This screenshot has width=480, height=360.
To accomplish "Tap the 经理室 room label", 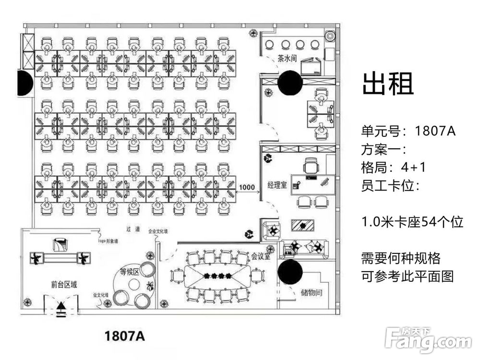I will [277, 185].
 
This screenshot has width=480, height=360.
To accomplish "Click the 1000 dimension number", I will [247, 187].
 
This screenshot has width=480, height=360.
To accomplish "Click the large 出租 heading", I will [388, 84].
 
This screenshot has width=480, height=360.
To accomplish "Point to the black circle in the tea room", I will [290, 82].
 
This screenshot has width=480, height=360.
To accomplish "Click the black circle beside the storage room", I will [290, 272].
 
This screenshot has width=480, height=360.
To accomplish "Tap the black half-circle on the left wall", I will [25, 83].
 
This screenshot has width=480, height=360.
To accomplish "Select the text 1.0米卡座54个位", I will [412, 222].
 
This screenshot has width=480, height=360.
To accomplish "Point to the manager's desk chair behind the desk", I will [311, 167].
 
